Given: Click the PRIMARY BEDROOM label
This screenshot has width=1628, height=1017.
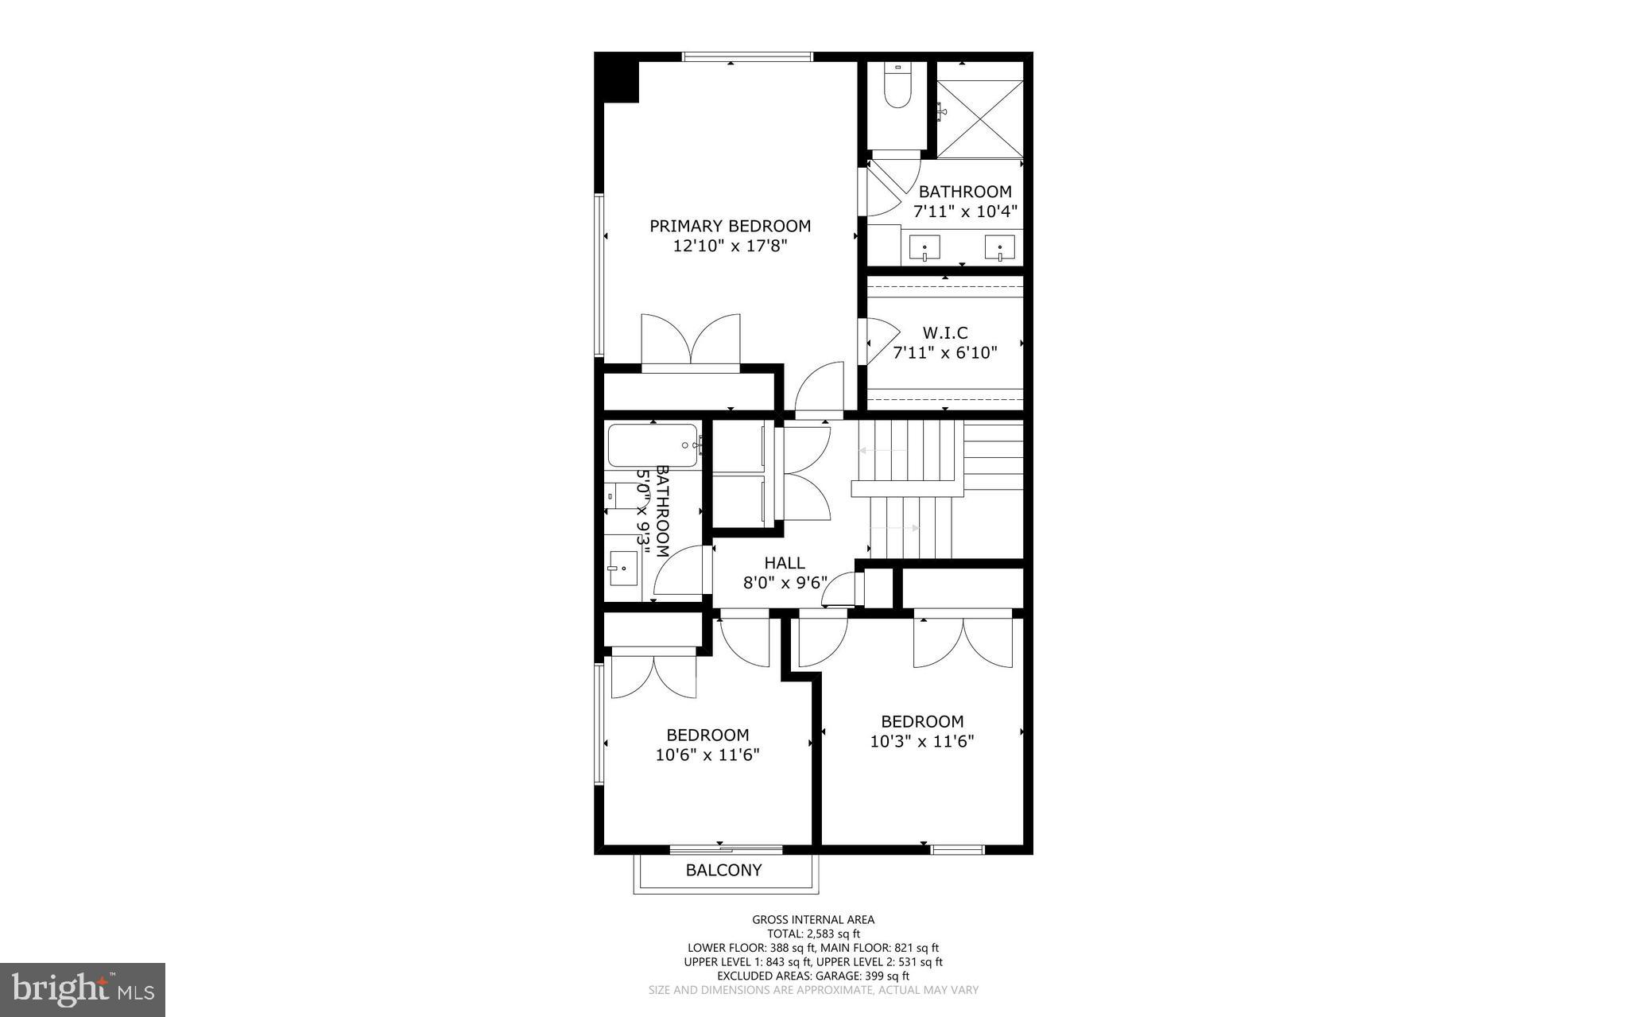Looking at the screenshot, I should pyautogui.click(x=730, y=226).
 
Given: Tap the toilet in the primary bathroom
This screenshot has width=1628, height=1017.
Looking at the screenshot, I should pyautogui.click(x=897, y=90).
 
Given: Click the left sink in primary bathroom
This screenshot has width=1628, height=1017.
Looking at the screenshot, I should pyautogui.click(x=924, y=246).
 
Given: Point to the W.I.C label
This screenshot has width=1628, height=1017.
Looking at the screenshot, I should pyautogui.click(x=944, y=332).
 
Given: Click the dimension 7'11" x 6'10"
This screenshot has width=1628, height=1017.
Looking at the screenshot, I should pyautogui.click(x=944, y=353).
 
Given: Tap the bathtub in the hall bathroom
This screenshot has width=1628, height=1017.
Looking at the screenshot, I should pyautogui.click(x=653, y=446).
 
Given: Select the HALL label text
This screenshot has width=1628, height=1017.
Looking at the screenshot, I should pyautogui.click(x=785, y=563).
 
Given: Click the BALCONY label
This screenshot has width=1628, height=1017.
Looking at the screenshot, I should pyautogui.click(x=723, y=870).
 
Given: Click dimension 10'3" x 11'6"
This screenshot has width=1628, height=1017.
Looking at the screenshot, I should pyautogui.click(x=922, y=742).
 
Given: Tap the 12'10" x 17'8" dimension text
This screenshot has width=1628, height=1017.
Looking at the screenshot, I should pyautogui.click(x=730, y=246).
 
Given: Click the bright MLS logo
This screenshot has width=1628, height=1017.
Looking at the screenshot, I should pyautogui.click(x=83, y=989).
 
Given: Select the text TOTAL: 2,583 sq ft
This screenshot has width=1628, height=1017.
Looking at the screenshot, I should pyautogui.click(x=813, y=934).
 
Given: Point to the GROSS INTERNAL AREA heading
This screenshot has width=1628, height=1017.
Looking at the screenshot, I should pyautogui.click(x=813, y=920).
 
